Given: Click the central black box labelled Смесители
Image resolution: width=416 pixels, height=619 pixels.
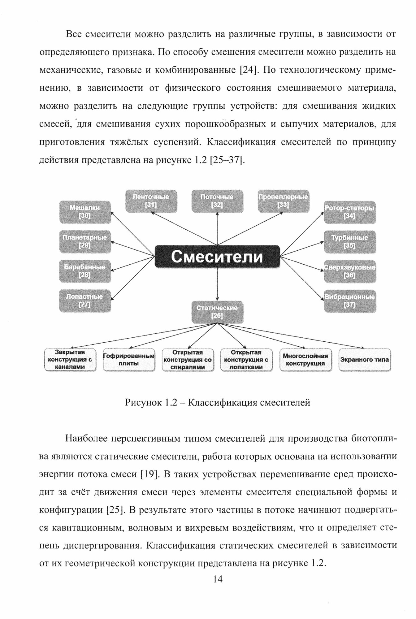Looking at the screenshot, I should pyautogui.click(x=217, y=257).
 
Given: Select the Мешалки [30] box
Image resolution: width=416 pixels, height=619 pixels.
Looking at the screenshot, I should pyautogui.click(x=85, y=212).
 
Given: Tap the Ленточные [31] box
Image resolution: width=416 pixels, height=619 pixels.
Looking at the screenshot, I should pyautogui.click(x=151, y=201).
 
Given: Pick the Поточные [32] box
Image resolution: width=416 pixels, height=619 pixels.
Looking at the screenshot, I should pyautogui.click(x=217, y=201).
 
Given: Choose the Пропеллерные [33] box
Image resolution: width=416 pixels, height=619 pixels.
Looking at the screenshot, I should pyautogui.click(x=284, y=201).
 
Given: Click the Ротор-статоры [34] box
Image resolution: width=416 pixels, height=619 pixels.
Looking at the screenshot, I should pyautogui.click(x=349, y=212).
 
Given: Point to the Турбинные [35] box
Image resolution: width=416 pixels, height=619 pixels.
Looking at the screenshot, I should pyautogui.click(x=349, y=242).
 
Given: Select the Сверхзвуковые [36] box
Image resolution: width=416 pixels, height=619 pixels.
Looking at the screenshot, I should pyautogui.click(x=349, y=271).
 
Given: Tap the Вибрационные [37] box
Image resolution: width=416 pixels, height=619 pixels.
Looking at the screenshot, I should pyautogui.click(x=349, y=301).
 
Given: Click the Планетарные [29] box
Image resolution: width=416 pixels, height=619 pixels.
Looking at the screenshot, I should pyautogui.click(x=85, y=241).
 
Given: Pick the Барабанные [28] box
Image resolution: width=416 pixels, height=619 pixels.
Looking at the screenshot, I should pyautogui.click(x=85, y=271).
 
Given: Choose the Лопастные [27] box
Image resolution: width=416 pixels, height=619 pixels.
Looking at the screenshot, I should pyautogui.click(x=85, y=301).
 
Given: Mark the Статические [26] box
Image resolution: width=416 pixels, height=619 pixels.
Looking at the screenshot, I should pyautogui.click(x=217, y=312).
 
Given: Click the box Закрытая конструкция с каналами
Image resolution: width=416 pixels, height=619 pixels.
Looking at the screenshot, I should pyautogui.click(x=70, y=360).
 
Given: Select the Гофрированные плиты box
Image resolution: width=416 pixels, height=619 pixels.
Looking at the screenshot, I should pyautogui.click(x=129, y=360).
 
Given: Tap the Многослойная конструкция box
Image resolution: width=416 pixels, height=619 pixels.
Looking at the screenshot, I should pyautogui.click(x=305, y=360).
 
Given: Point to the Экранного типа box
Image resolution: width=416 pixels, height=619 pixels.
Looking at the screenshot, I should pyautogui.click(x=365, y=360).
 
